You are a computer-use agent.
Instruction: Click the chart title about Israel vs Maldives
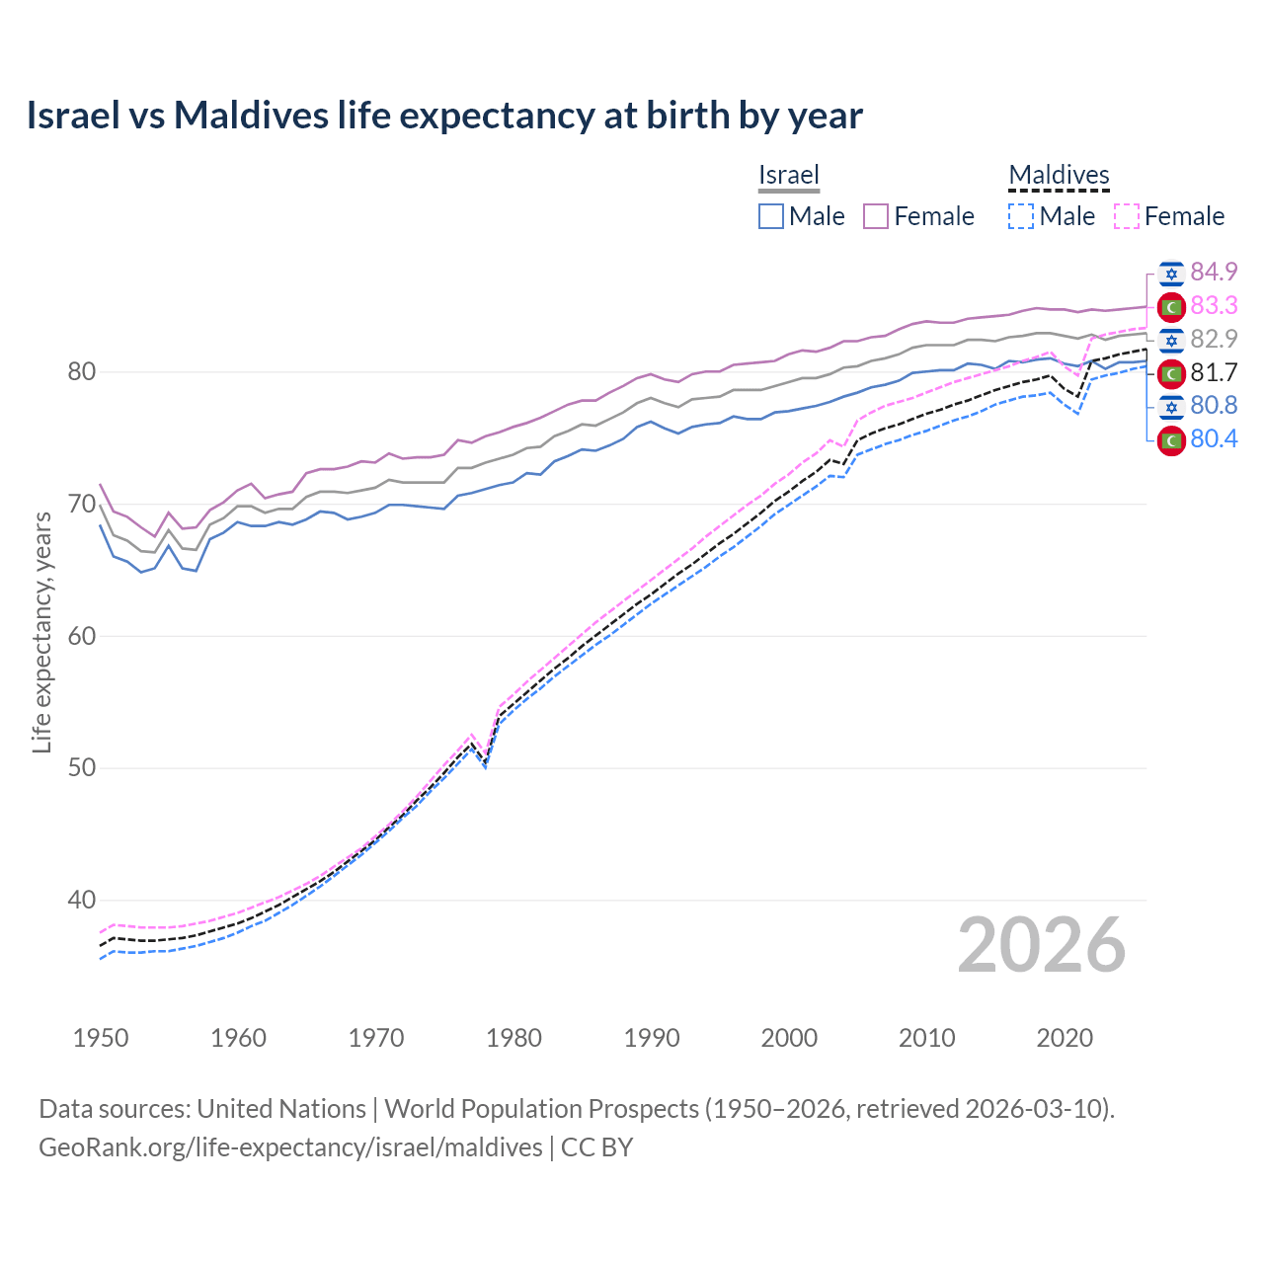point(444,116)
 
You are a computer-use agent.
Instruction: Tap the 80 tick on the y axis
point(82,372)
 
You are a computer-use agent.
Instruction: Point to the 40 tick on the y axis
point(82,900)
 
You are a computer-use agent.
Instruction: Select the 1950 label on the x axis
point(101,1038)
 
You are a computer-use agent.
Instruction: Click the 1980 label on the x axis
point(513,1038)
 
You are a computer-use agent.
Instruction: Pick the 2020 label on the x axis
point(1065,1038)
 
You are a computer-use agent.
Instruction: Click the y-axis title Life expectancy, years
point(42,632)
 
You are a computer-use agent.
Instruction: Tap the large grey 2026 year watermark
point(1041,945)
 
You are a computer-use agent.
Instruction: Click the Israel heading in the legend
point(789,175)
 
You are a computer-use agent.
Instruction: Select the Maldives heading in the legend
point(1059,175)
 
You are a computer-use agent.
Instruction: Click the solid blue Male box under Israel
point(771,216)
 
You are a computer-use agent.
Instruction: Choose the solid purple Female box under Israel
point(876,216)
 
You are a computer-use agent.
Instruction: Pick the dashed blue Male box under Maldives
point(1021,216)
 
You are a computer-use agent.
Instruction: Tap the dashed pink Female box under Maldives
point(1127,216)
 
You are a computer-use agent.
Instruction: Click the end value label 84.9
point(1214,272)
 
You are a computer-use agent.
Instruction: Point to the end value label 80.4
point(1214,438)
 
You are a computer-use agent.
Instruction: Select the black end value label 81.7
point(1214,372)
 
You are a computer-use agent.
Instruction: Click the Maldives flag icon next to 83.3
point(1171,306)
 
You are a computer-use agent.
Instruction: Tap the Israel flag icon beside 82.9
point(1171,340)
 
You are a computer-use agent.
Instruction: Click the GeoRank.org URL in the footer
point(290,1147)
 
